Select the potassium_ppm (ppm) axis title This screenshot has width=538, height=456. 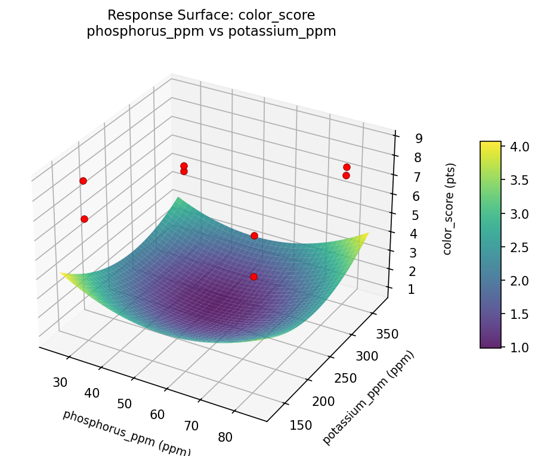point(369,398)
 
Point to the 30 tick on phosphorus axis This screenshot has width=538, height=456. point(60,383)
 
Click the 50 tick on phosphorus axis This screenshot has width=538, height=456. point(124,404)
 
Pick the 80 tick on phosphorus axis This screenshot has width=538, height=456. point(225,437)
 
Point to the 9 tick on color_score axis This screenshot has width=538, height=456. point(419,138)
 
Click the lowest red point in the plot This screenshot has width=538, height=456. point(253,277)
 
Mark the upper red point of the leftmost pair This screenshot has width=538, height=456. point(83,181)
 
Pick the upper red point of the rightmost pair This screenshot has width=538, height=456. point(347,167)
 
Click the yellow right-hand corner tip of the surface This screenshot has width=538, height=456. point(367,233)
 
